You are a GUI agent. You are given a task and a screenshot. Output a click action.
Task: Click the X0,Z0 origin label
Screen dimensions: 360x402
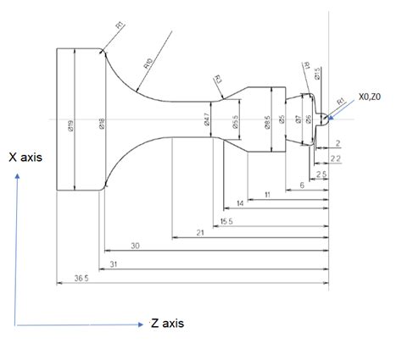(371, 97)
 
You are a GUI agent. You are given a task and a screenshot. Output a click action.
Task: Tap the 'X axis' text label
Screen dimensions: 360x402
(26, 157)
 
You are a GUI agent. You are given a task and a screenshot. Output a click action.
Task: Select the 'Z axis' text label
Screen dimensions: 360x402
(166, 323)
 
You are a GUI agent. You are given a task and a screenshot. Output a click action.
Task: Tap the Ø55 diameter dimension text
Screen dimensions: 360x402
(235, 124)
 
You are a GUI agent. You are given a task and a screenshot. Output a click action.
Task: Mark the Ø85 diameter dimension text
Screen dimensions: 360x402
(267, 124)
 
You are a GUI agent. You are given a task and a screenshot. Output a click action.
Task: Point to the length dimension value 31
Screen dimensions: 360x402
(113, 264)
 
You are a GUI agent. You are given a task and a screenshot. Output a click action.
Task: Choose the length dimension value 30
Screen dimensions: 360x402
(135, 246)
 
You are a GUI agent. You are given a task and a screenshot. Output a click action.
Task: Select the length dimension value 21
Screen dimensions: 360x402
(200, 231)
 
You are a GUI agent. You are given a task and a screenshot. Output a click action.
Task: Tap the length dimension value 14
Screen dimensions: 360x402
(240, 203)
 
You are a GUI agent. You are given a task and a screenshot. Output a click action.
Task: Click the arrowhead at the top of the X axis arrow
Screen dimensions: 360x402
(15, 175)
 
